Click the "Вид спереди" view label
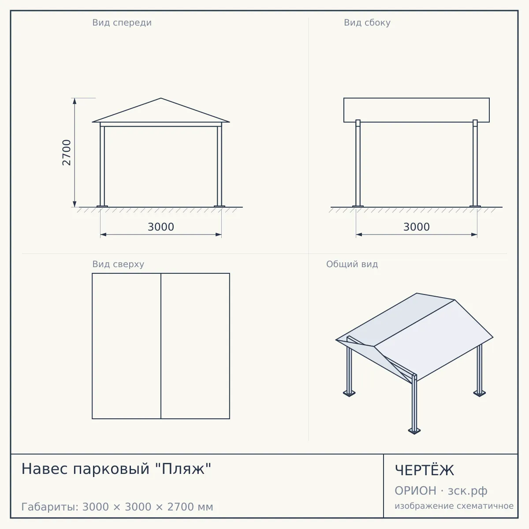(122, 22)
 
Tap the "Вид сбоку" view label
(367, 22)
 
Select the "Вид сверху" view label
(118, 264)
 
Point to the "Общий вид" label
(352, 264)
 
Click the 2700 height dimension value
(67, 153)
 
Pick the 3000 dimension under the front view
(161, 227)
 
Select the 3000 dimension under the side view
(417, 227)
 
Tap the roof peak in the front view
(161, 98)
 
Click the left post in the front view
(102, 165)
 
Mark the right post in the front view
(220, 165)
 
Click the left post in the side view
(358, 164)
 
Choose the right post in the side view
(475, 164)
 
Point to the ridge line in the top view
(161, 346)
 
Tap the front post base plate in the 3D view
(414, 431)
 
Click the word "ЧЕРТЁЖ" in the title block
(425, 470)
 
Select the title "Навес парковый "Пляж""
(116, 469)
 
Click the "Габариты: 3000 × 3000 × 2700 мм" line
(117, 507)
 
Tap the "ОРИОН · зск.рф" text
(441, 491)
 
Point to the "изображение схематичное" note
(454, 506)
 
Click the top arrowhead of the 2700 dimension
(75, 101)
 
